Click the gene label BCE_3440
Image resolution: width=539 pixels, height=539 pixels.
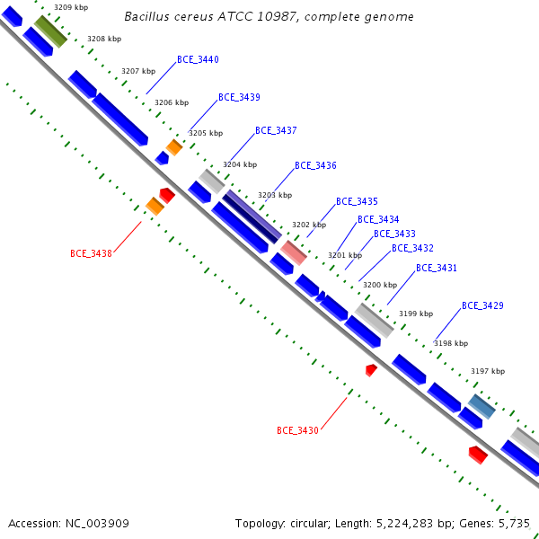click(x=198, y=60)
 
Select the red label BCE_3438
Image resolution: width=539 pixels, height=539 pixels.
click(x=91, y=254)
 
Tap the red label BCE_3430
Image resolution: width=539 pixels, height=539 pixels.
click(x=297, y=431)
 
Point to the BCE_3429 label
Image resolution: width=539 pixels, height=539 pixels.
click(x=482, y=306)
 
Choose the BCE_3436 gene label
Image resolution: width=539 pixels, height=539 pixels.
click(x=315, y=166)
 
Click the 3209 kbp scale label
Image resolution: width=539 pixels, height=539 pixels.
click(x=71, y=7)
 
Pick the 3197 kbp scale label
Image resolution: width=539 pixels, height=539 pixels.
click(x=488, y=371)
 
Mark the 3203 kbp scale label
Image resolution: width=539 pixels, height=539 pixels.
click(x=275, y=195)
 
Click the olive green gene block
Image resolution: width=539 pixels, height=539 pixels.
click(x=50, y=31)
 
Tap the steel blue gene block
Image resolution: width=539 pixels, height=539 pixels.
click(x=482, y=406)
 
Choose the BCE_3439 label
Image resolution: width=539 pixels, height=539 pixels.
click(x=239, y=98)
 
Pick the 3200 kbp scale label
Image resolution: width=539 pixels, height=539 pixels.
click(x=379, y=285)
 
